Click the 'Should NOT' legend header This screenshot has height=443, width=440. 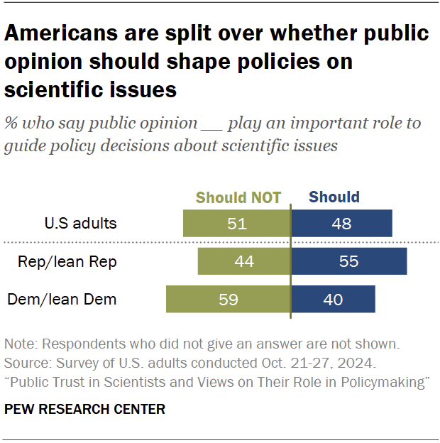coord(238,197)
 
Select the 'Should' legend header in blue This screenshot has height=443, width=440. coord(334,197)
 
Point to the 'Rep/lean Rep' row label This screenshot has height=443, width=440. coord(67,262)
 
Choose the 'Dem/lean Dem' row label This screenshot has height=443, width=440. coord(62,300)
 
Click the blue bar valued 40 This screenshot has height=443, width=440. coord(333,300)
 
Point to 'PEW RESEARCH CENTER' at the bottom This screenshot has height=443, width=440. coord(84,410)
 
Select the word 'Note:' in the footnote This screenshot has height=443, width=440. coord(21,345)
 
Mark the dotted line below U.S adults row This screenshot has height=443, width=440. coord(220,243)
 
